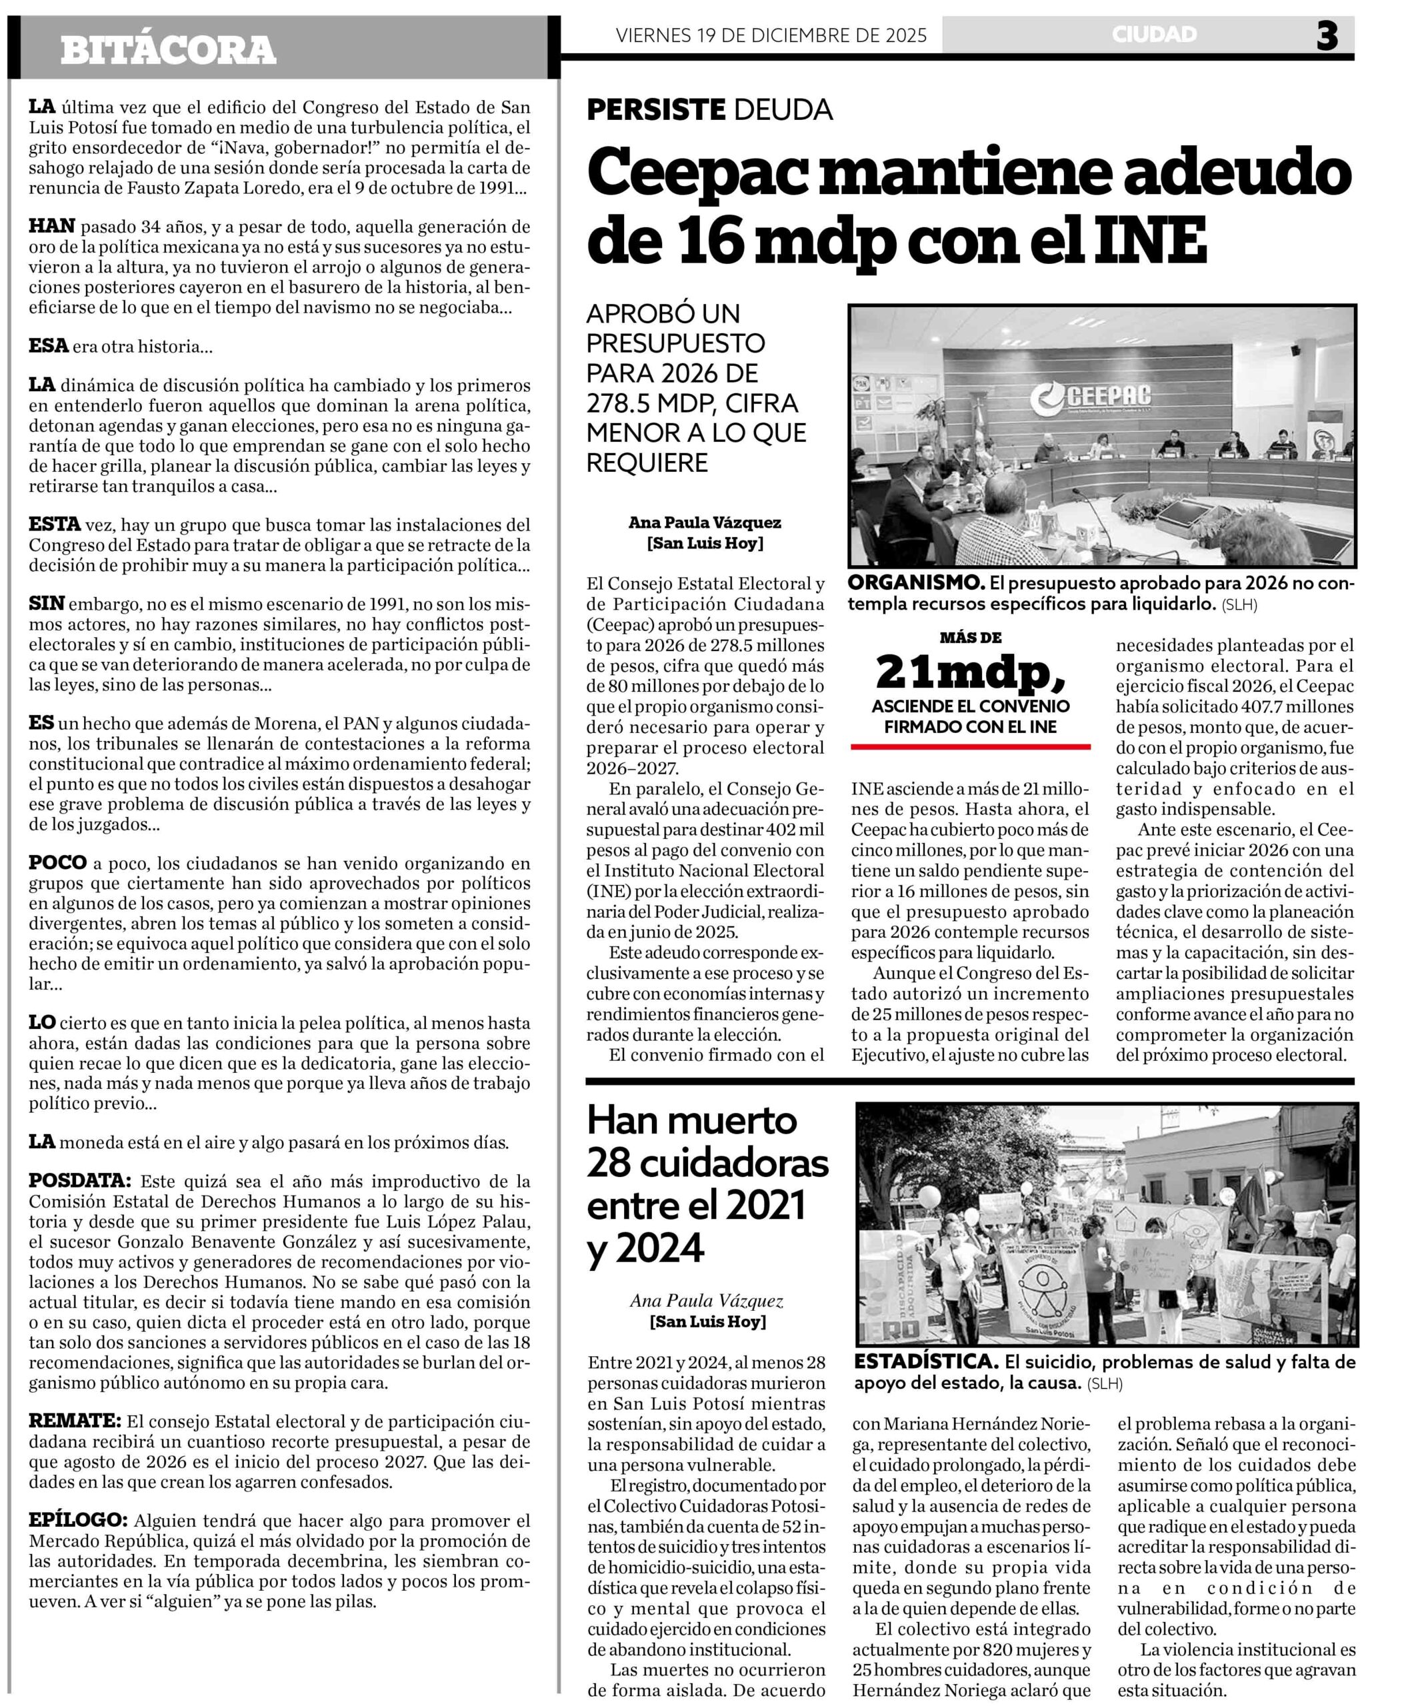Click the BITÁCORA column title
[x=168, y=50]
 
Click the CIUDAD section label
[x=1154, y=34]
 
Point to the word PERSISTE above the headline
[x=655, y=109]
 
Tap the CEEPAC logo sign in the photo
[x=1091, y=397]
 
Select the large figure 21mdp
[x=970, y=670]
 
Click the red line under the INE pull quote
[x=970, y=746]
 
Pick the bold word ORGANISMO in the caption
[x=916, y=583]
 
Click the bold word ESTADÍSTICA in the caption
[x=925, y=1362]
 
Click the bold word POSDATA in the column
[x=79, y=1181]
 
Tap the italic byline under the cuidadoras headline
[x=707, y=1302]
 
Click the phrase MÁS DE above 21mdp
[x=970, y=638]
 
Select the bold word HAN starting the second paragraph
[x=52, y=226]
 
